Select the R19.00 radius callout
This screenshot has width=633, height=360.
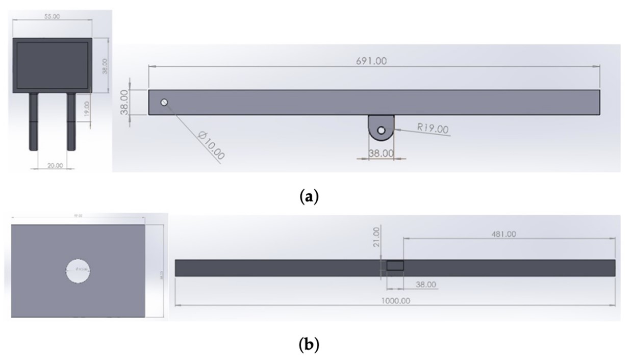[433, 128]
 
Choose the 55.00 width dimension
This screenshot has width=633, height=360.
[52, 16]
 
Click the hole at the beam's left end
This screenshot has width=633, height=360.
[164, 102]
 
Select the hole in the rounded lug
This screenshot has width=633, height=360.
[381, 131]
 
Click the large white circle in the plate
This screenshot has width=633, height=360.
[80, 269]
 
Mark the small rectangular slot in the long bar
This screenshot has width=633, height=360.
[395, 266]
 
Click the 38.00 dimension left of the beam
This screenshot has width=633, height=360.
[124, 102]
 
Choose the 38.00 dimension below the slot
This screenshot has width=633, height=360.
[426, 285]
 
